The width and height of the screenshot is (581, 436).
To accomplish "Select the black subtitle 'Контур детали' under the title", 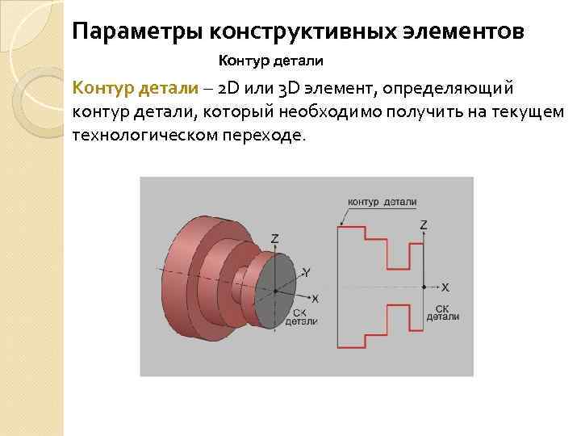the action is pyautogui.click(x=270, y=61).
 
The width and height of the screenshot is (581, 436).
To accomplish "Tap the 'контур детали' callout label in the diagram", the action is pyautogui.click(x=382, y=202).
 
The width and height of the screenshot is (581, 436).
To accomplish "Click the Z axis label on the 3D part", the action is pyautogui.click(x=275, y=239).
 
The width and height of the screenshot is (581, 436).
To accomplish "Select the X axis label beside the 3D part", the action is pyautogui.click(x=315, y=298).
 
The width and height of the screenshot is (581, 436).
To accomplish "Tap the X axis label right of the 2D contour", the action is pyautogui.click(x=445, y=287).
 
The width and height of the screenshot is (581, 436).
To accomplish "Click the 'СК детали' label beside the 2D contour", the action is pyautogui.click(x=443, y=312).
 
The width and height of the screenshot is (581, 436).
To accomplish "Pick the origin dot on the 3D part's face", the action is pyautogui.click(x=275, y=290).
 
